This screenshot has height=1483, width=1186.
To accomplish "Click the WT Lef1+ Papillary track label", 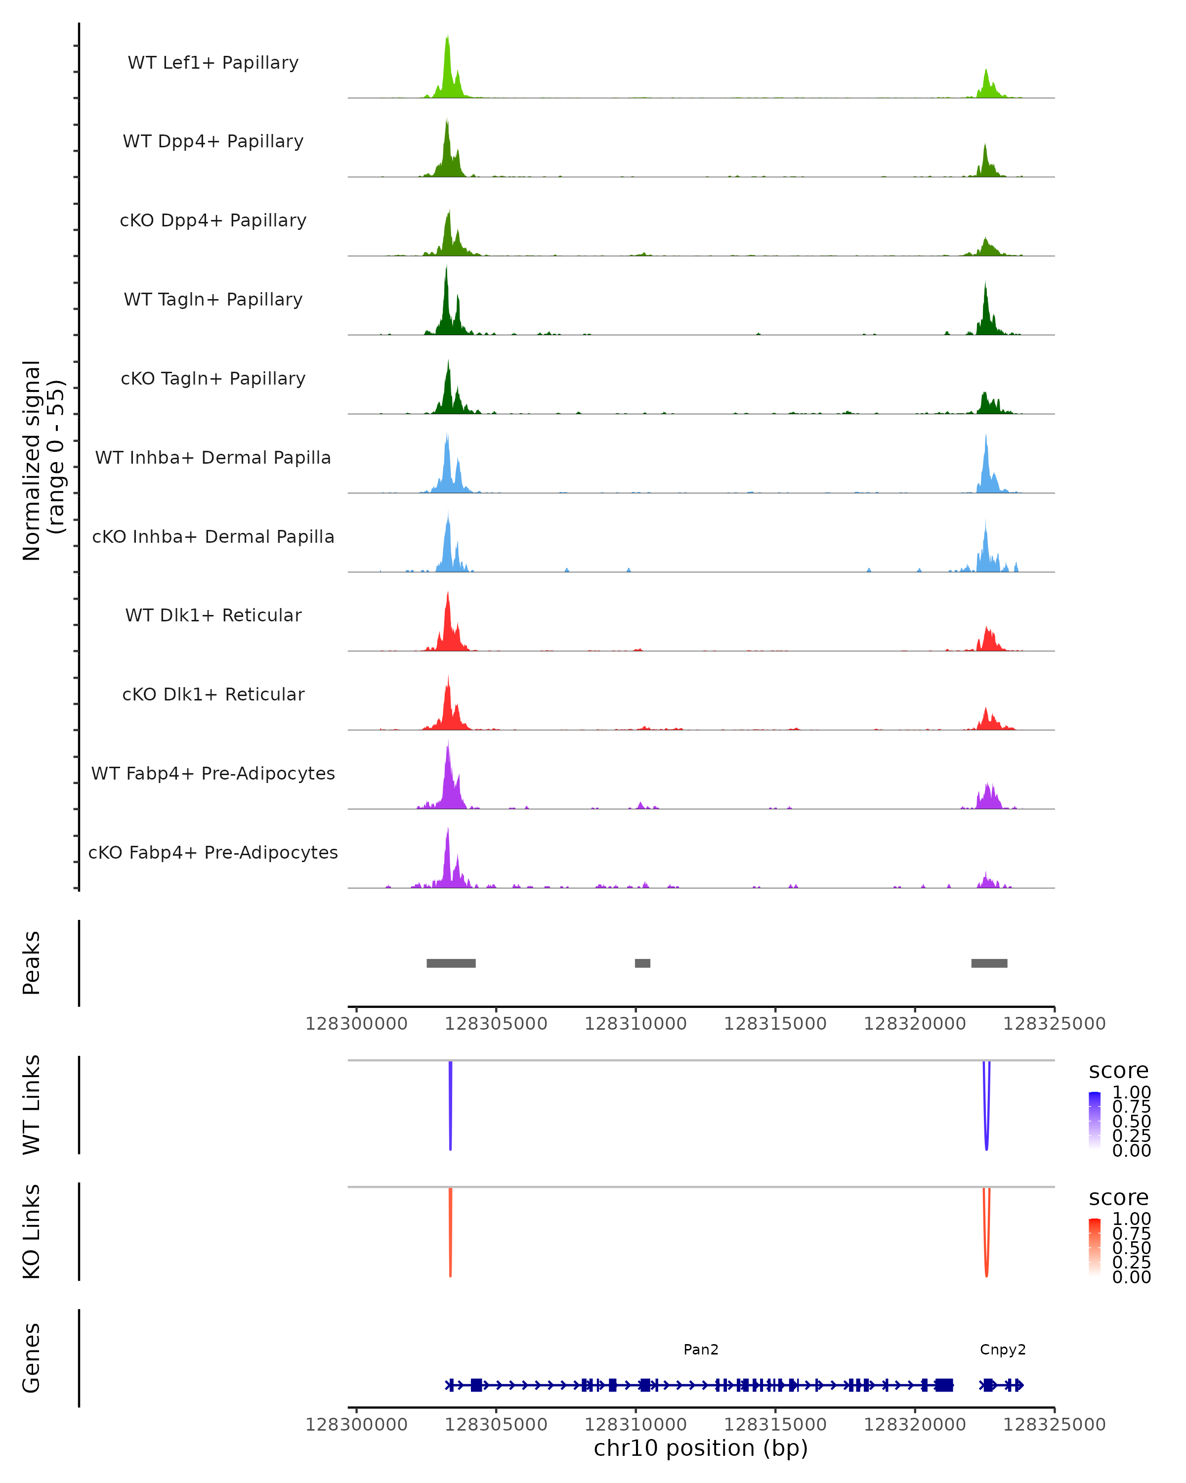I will pos(213,63).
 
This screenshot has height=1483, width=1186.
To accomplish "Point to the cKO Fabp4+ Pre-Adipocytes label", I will pos(213,852).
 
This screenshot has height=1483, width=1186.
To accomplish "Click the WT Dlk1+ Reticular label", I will pos(213,615).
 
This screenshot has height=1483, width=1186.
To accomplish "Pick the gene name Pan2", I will pos(701,1350).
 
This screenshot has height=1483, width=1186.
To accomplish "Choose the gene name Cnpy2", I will pos(1003,1350).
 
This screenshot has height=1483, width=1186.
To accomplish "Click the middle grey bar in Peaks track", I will pos(642,963).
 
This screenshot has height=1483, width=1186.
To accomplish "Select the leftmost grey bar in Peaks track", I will pos(451,963).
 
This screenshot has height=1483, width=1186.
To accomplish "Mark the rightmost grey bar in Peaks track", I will pos(989,963).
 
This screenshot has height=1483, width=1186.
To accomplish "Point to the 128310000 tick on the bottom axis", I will pos(635,1425).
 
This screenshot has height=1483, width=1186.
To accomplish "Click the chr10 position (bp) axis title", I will pos(701,1448).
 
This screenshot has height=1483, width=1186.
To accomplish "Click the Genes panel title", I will pos(32,1358).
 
